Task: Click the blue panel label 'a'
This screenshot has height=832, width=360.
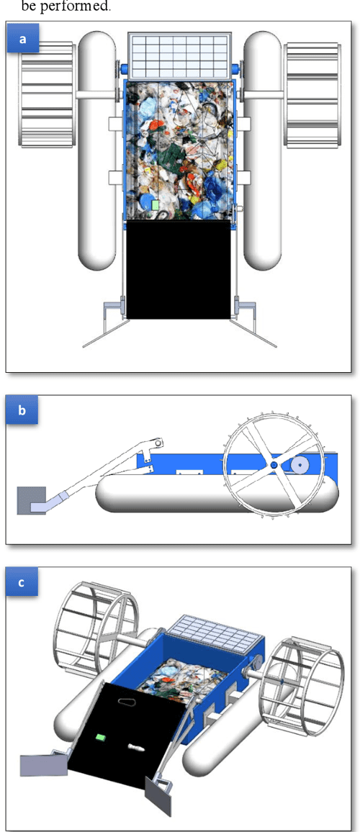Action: coord(22,39)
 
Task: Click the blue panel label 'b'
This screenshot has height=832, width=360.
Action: coord(22,411)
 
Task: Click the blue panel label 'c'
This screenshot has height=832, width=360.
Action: coord(22,582)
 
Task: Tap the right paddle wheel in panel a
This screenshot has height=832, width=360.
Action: coord(313,94)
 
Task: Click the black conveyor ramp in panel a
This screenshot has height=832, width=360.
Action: coord(179,270)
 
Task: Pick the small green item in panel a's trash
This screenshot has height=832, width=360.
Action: coord(156,205)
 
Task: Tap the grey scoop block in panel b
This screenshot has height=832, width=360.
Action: coord(32,499)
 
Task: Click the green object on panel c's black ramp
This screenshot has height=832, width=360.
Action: coord(102,737)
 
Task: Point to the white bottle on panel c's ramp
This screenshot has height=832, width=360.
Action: coord(135,748)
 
